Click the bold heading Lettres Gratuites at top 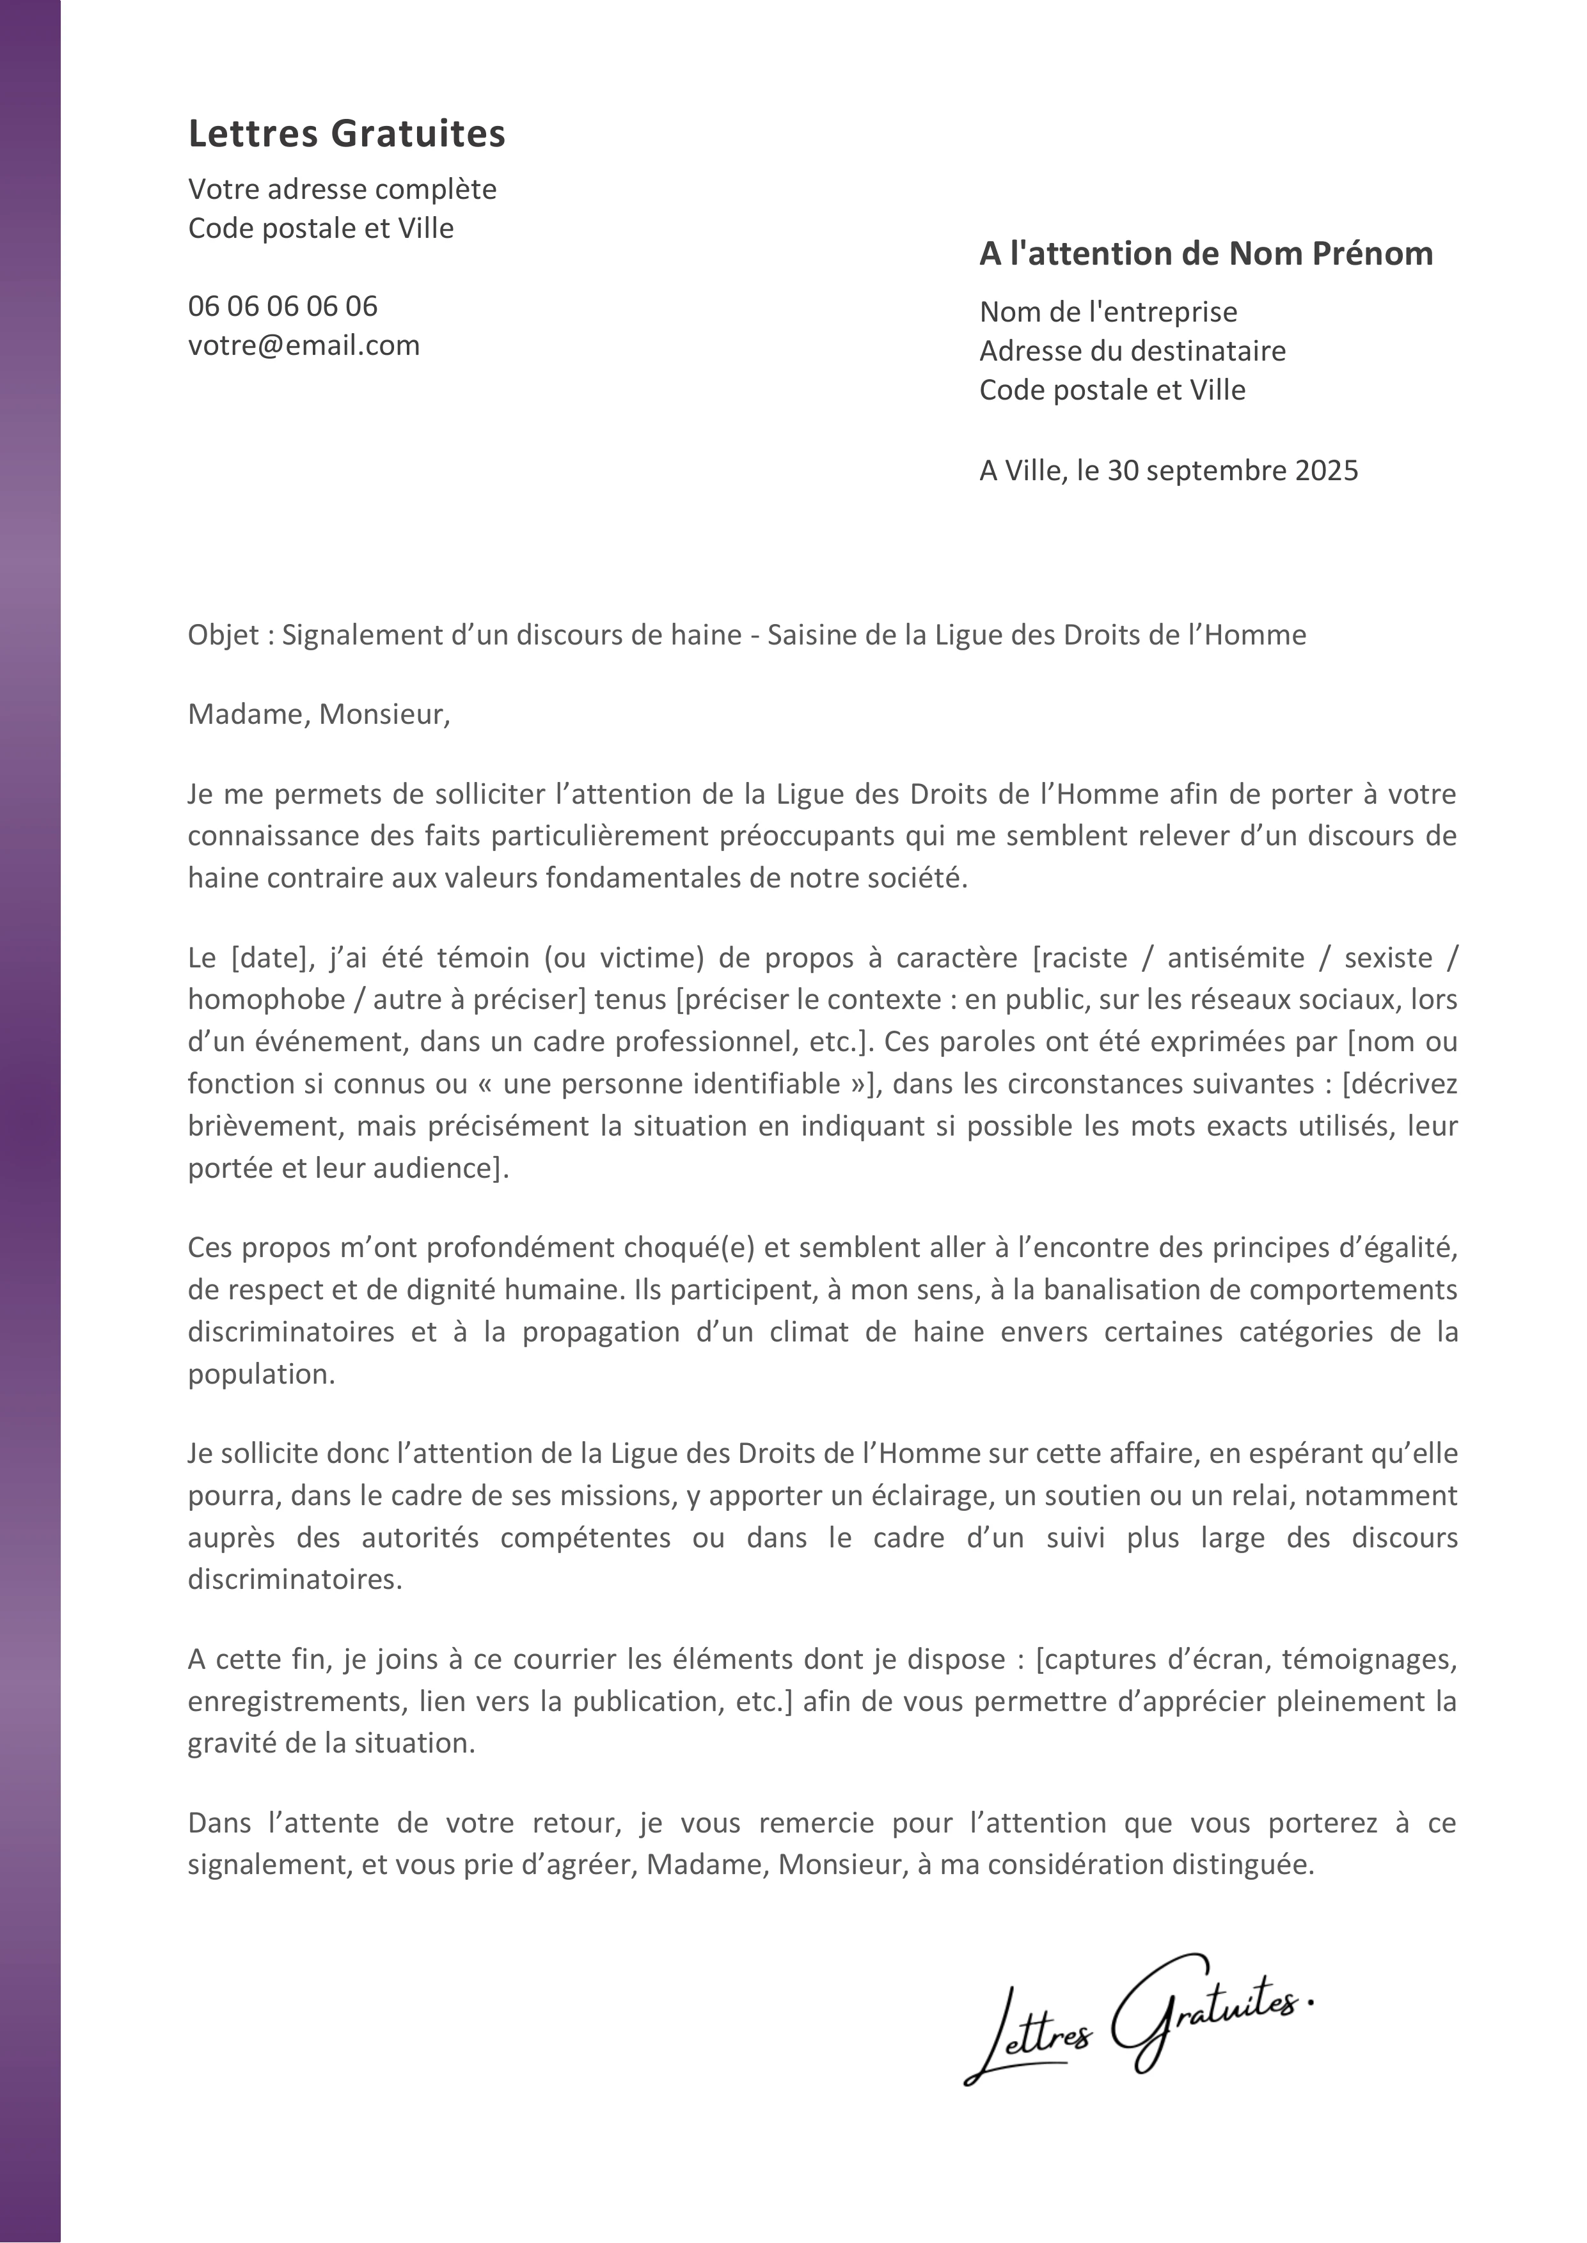coord(346,134)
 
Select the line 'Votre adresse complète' coord(342,189)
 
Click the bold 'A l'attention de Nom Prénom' coord(1205,254)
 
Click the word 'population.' coord(261,1375)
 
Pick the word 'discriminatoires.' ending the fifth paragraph coord(294,1580)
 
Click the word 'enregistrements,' coord(296,1702)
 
